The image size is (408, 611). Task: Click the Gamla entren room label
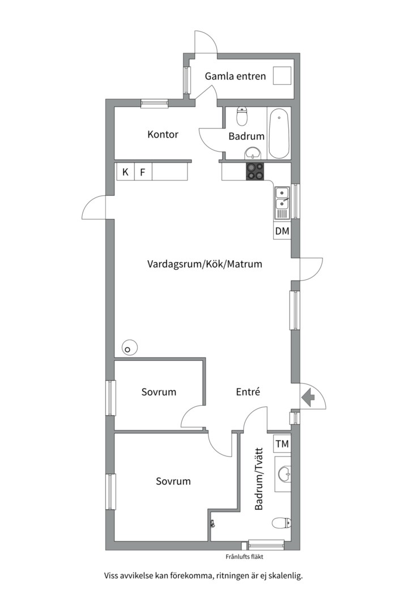[235, 76]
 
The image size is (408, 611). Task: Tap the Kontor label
[163, 135]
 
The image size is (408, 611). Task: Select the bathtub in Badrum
[279, 134]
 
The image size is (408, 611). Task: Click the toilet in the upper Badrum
[242, 116]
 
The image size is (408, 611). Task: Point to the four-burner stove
[254, 171]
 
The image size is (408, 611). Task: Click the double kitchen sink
[282, 203]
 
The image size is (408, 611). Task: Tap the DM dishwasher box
[282, 231]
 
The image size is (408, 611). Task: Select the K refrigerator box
[125, 172]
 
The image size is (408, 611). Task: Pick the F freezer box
[143, 172]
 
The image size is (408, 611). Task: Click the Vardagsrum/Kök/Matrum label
[205, 264]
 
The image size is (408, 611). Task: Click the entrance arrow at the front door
[308, 398]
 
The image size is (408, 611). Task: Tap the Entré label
[248, 391]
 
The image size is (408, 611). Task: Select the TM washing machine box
[282, 444]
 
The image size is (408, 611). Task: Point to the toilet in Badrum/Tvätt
[281, 523]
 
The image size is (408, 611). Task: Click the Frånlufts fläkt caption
[244, 557]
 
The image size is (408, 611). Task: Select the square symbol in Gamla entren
[282, 75]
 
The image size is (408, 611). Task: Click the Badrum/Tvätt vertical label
[259, 479]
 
